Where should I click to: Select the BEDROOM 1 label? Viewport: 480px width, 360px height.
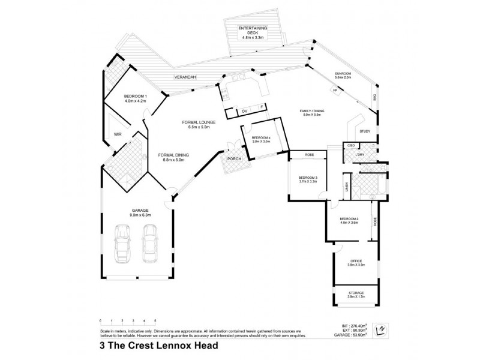tap(135, 96)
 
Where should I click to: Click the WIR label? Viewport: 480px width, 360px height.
tap(118, 136)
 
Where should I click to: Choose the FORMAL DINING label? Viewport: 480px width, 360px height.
tap(173, 155)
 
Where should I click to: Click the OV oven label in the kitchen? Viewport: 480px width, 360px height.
tap(244, 112)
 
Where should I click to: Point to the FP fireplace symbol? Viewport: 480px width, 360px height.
tap(334, 90)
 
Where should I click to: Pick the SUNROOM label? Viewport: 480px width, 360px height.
tap(344, 74)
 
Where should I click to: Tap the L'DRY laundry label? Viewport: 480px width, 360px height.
tap(359, 155)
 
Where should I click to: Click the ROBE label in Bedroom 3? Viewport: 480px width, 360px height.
tap(309, 155)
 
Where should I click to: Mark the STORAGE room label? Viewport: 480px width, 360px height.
tap(356, 293)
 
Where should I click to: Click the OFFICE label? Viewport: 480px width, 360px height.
tap(356, 261)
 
